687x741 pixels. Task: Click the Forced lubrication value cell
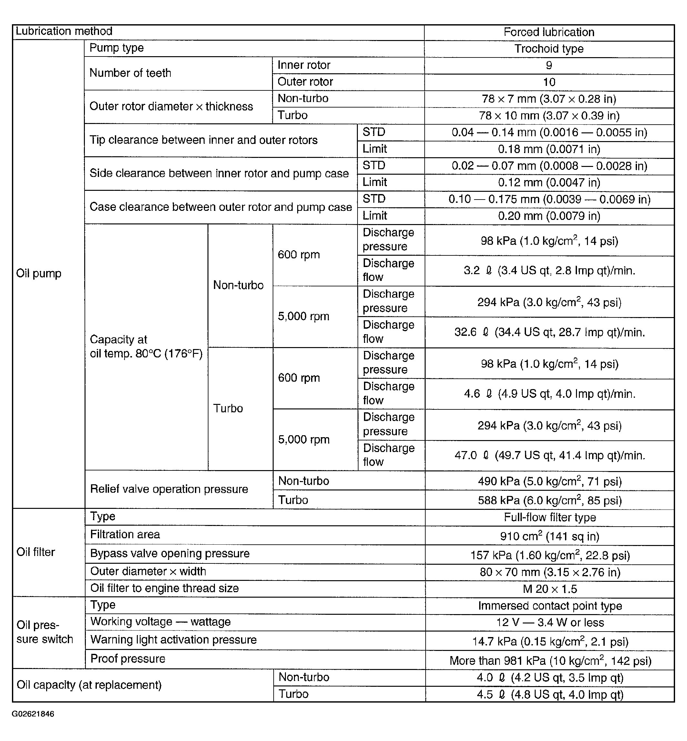pos(549,32)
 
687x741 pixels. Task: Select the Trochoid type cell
pos(549,49)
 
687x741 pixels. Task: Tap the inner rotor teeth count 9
pos(549,66)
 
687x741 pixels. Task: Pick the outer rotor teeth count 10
pos(549,82)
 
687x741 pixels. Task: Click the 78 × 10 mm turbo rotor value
pos(549,116)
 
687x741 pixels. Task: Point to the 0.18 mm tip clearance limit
pos(549,149)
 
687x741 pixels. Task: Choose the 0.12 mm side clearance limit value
pos(549,182)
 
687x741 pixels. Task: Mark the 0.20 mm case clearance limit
pos(549,216)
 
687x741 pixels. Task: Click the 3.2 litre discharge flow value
pos(549,271)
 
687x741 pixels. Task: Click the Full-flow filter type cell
pos(550,518)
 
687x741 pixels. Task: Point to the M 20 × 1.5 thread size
pos(550,589)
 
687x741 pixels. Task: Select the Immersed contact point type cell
pos(550,606)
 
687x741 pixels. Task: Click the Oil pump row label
pos(39,273)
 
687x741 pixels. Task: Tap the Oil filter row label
pos(36,552)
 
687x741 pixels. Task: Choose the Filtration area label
pos(125,535)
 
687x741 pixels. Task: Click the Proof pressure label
pos(127,659)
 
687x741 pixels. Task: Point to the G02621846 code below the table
pos(33,714)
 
